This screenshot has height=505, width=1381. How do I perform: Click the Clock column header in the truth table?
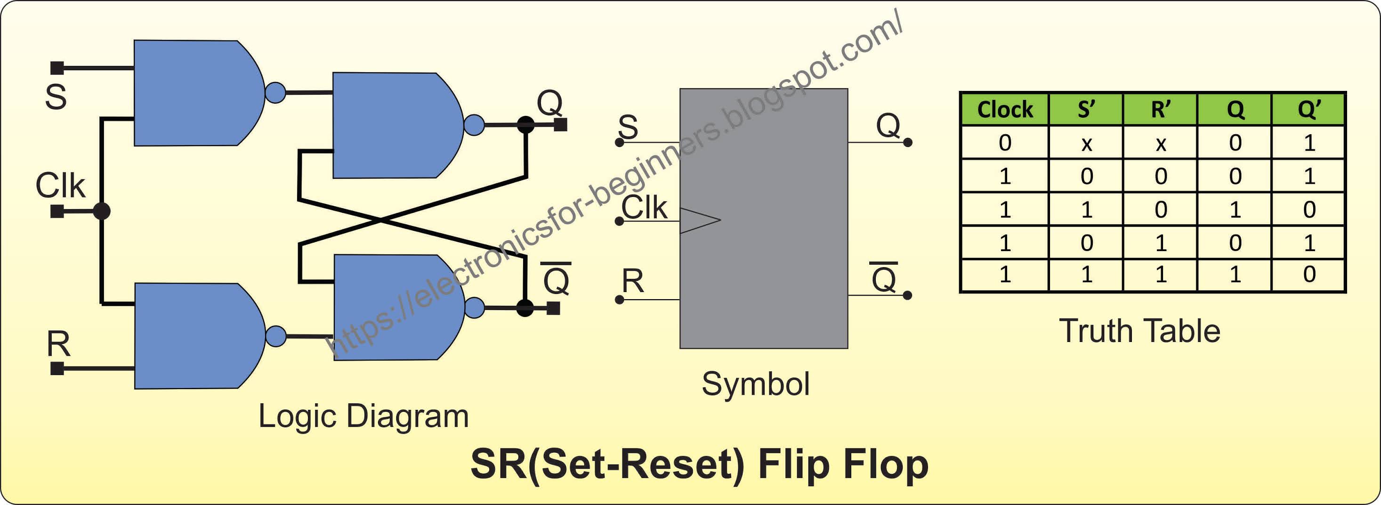(x=1005, y=109)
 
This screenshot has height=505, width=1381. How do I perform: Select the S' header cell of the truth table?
(x=1086, y=109)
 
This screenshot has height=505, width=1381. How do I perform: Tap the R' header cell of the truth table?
(x=1161, y=109)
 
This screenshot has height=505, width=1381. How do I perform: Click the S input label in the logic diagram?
(x=56, y=97)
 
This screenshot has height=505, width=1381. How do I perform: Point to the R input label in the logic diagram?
(x=58, y=344)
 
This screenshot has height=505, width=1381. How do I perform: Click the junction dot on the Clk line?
(x=101, y=211)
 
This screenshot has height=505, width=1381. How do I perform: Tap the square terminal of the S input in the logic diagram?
(x=57, y=68)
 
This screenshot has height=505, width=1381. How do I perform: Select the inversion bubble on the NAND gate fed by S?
(x=275, y=93)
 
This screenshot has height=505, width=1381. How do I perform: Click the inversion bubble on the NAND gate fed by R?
(x=275, y=336)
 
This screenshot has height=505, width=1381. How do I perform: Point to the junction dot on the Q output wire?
(x=525, y=125)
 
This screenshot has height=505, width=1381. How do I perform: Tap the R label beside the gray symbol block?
(x=633, y=281)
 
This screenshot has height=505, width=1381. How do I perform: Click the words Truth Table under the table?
(x=1140, y=331)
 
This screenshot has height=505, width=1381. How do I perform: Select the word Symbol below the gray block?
(x=755, y=384)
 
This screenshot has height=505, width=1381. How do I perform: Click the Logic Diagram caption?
(x=363, y=416)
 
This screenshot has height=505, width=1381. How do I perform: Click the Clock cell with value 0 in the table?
(x=1005, y=143)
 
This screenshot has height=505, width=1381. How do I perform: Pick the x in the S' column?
(x=1086, y=144)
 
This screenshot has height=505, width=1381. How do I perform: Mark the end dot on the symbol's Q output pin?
(x=908, y=143)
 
